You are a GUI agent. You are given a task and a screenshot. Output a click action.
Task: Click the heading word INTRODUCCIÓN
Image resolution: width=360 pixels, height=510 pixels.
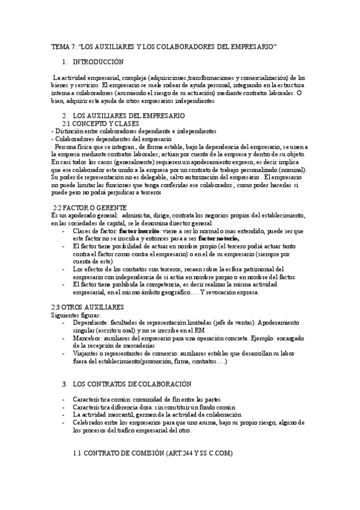[x=98, y=62]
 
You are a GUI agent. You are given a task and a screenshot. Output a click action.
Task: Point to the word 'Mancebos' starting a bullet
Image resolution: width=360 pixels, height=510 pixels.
[x=87, y=339]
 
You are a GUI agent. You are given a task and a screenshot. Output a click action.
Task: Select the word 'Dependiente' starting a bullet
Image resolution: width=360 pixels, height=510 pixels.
[x=90, y=323]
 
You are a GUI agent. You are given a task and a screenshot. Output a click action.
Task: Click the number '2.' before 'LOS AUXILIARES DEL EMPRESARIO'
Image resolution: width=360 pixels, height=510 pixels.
[x=65, y=115]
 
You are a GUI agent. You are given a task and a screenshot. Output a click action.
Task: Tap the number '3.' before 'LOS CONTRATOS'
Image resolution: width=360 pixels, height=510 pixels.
[x=65, y=384]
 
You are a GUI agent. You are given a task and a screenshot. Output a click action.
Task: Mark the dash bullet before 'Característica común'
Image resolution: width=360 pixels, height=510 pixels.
[x=64, y=399]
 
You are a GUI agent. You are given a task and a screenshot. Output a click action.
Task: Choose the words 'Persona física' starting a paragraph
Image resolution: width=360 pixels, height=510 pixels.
[x=75, y=147]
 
